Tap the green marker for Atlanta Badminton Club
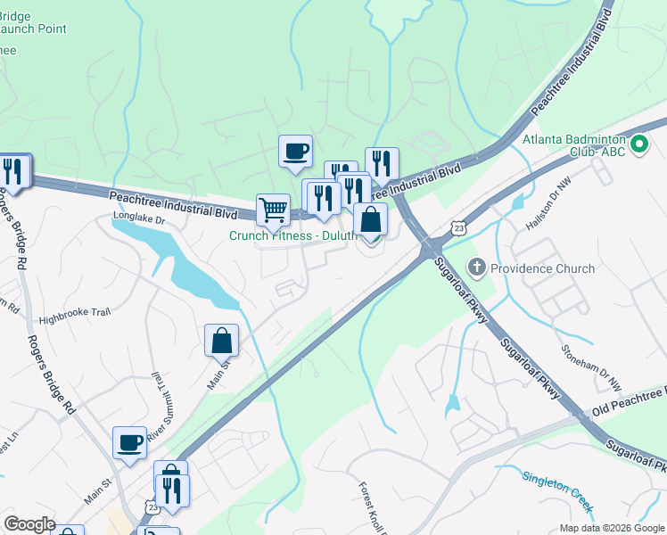pyautogui.click(x=638, y=144)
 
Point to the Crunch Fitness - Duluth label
pyautogui.click(x=292, y=235)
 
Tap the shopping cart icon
pyautogui.click(x=273, y=210)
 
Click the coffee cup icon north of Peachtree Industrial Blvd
pyautogui.click(x=295, y=151)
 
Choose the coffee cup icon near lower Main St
pyautogui.click(x=129, y=442)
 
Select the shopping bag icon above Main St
pyautogui.click(x=221, y=340)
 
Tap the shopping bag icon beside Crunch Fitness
pyautogui.click(x=370, y=219)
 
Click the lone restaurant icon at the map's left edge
pyautogui.click(x=13, y=170)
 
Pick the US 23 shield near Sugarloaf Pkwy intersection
pyautogui.click(x=457, y=227)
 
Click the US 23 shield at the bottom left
pyautogui.click(x=148, y=505)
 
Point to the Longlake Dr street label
pyautogui.click(x=139, y=218)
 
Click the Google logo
pyautogui.click(x=29, y=524)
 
